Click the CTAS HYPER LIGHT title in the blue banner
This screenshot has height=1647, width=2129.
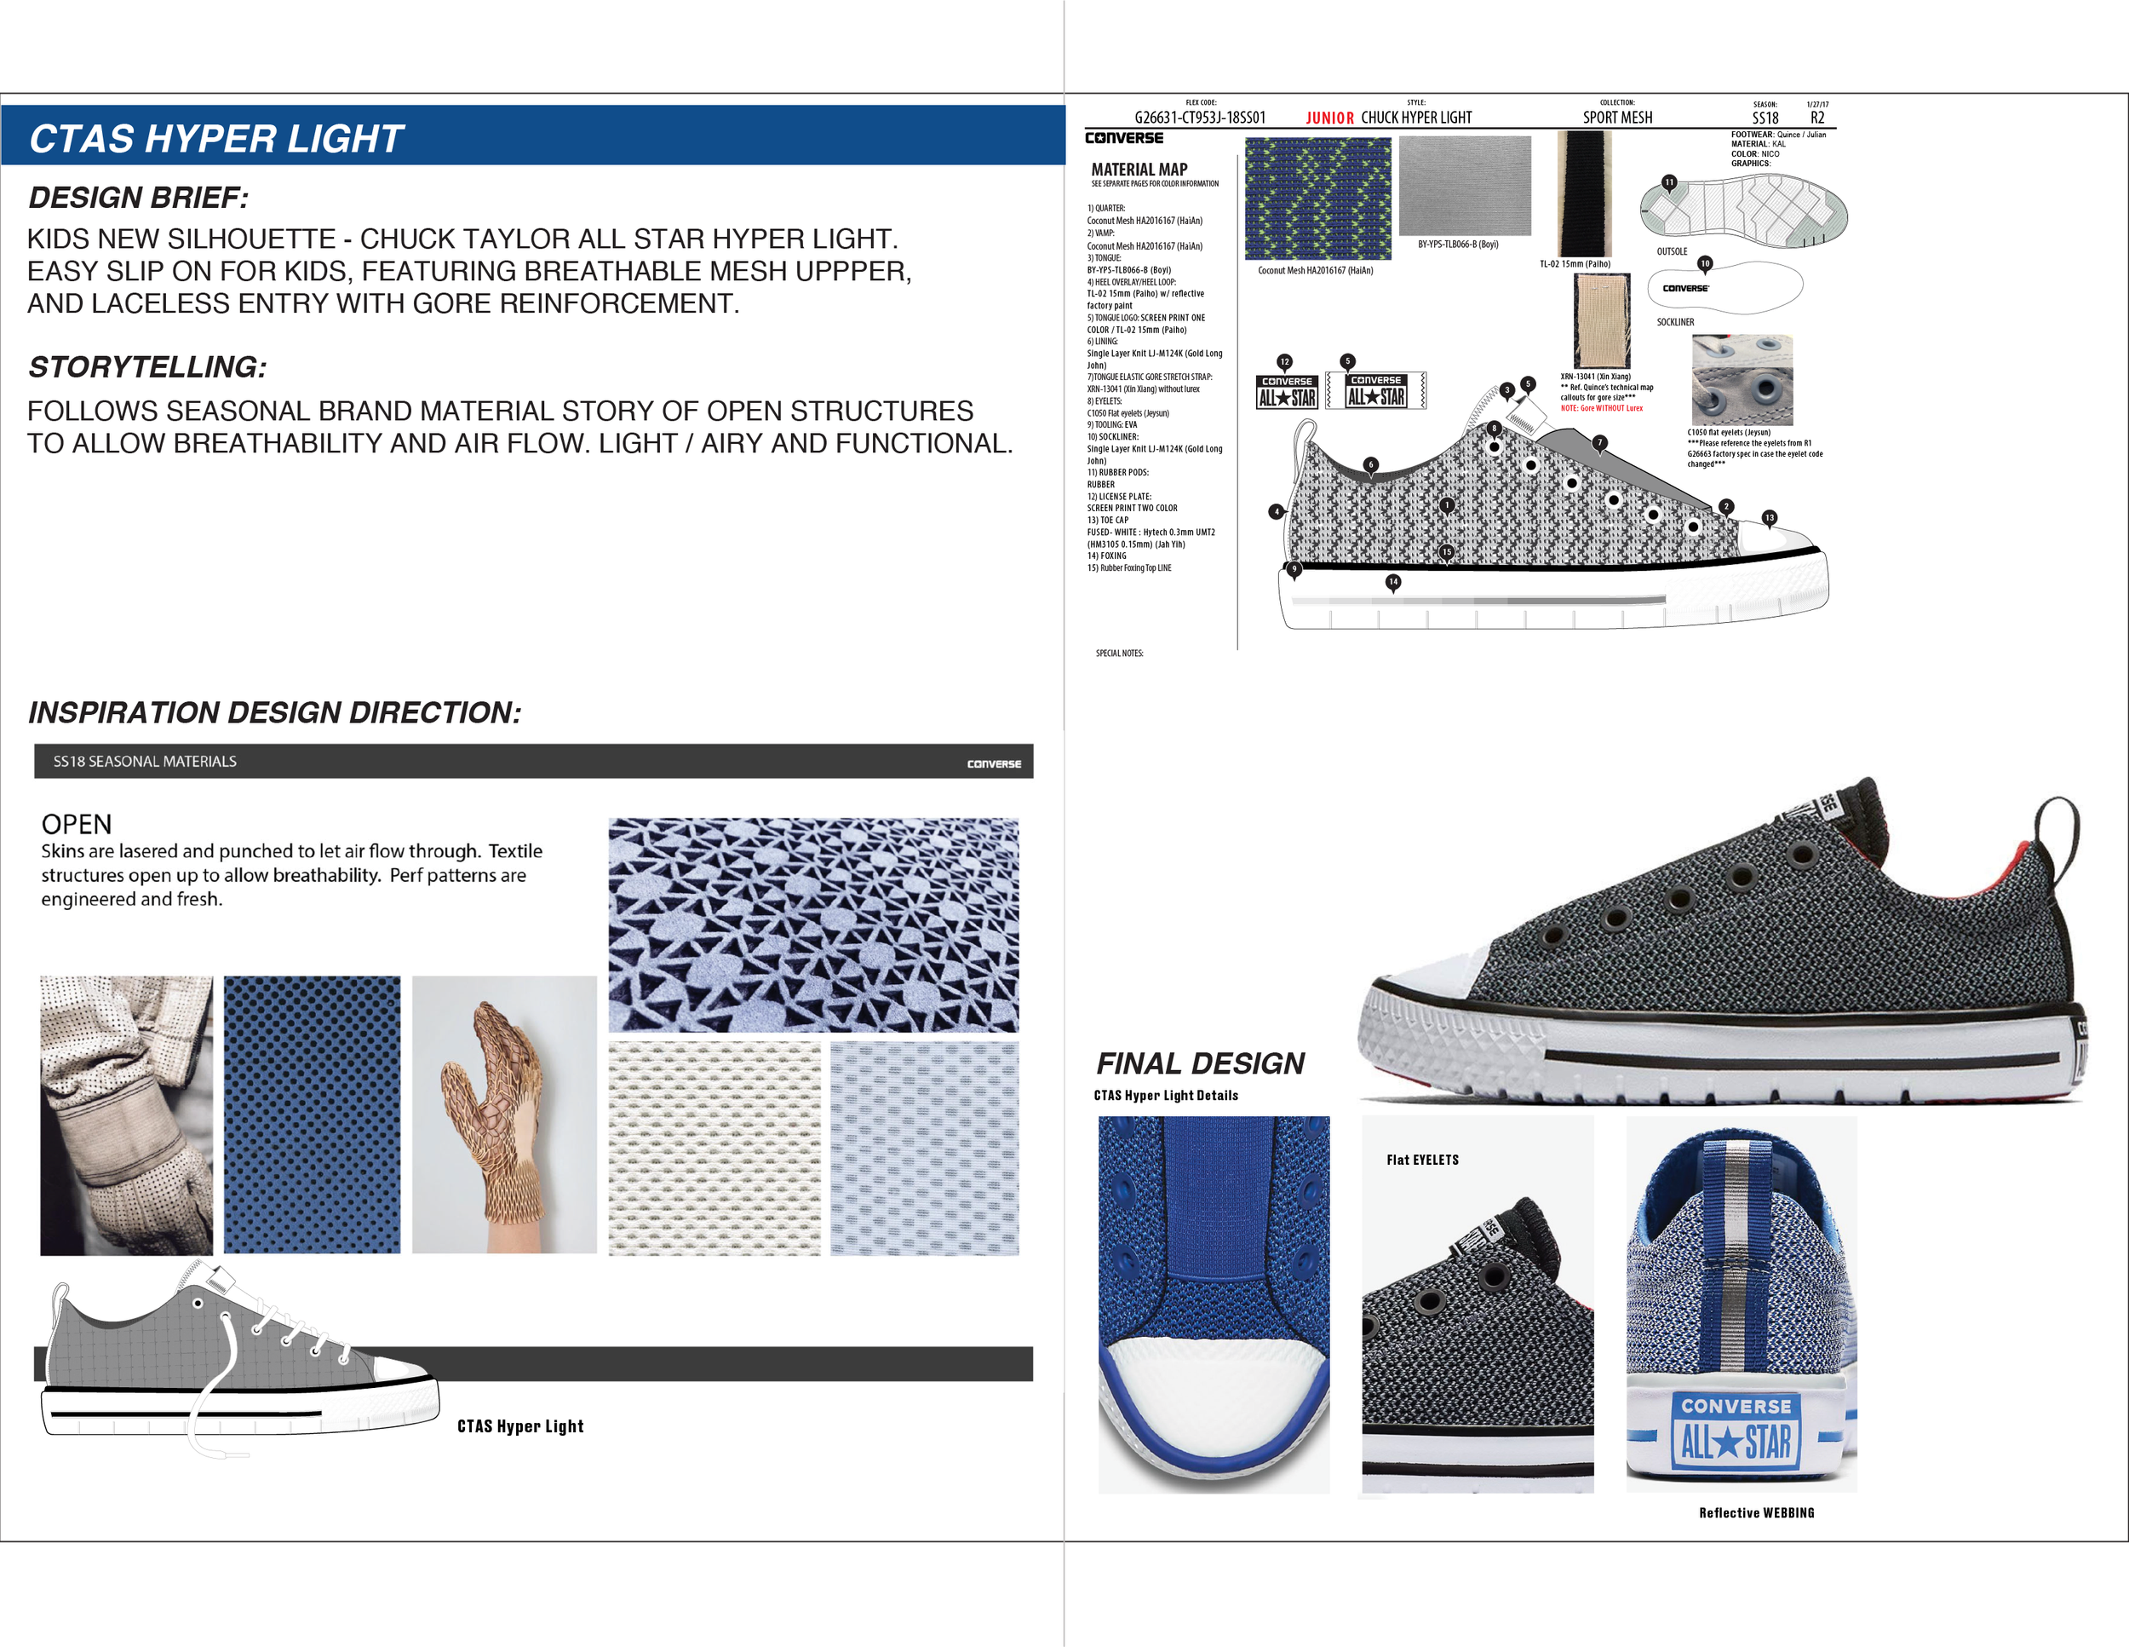click(x=216, y=140)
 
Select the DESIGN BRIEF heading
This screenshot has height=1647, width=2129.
click(x=139, y=198)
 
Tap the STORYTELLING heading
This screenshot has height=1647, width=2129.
click(x=147, y=367)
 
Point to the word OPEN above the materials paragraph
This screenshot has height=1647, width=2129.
click(x=76, y=825)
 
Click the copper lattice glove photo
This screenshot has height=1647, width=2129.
click(x=504, y=1114)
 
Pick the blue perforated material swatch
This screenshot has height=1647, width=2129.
click(x=312, y=1114)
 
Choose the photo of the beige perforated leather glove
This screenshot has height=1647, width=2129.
click(x=126, y=1114)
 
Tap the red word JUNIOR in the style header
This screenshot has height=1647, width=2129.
click(x=1329, y=118)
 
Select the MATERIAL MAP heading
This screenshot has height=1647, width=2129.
click(x=1139, y=170)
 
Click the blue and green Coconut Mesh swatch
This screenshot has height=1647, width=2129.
click(x=1317, y=198)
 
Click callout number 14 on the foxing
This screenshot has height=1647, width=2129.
click(x=1393, y=582)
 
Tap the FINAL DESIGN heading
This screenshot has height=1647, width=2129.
click(x=1200, y=1062)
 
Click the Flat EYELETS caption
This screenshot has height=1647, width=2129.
click(x=1422, y=1160)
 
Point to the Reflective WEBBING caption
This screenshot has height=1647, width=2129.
click(x=1756, y=1512)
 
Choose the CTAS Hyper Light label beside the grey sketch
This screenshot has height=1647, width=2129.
click(x=520, y=1425)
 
